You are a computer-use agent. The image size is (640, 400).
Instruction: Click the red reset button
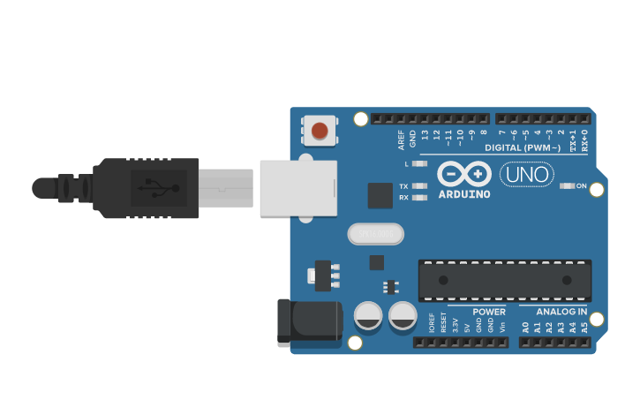[319, 131]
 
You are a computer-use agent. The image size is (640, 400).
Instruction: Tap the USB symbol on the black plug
[159, 188]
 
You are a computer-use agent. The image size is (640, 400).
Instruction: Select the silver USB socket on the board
[298, 188]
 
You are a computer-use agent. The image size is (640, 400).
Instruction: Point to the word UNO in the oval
[527, 175]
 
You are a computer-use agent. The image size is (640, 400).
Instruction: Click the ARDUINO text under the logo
[463, 193]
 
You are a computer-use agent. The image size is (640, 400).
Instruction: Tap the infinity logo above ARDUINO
[463, 173]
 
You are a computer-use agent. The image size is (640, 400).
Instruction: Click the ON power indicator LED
[568, 186]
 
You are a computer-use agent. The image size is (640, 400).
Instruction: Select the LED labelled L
[419, 164]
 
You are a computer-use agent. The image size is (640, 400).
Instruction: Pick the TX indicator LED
[419, 186]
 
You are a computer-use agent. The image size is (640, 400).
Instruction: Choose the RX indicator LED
[419, 198]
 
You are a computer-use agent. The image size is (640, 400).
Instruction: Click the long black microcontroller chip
[504, 280]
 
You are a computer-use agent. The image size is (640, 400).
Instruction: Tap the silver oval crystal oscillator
[375, 234]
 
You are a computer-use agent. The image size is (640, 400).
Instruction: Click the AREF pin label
[402, 139]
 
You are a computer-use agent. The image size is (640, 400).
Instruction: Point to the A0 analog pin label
[525, 327]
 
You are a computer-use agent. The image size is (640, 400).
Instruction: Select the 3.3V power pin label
[456, 323]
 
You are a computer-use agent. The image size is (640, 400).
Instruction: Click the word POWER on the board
[488, 312]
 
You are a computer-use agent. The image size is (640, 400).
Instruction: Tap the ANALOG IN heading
[561, 312]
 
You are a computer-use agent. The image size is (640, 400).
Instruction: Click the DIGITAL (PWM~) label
[523, 147]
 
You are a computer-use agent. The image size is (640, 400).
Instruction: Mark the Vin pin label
[502, 326]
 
